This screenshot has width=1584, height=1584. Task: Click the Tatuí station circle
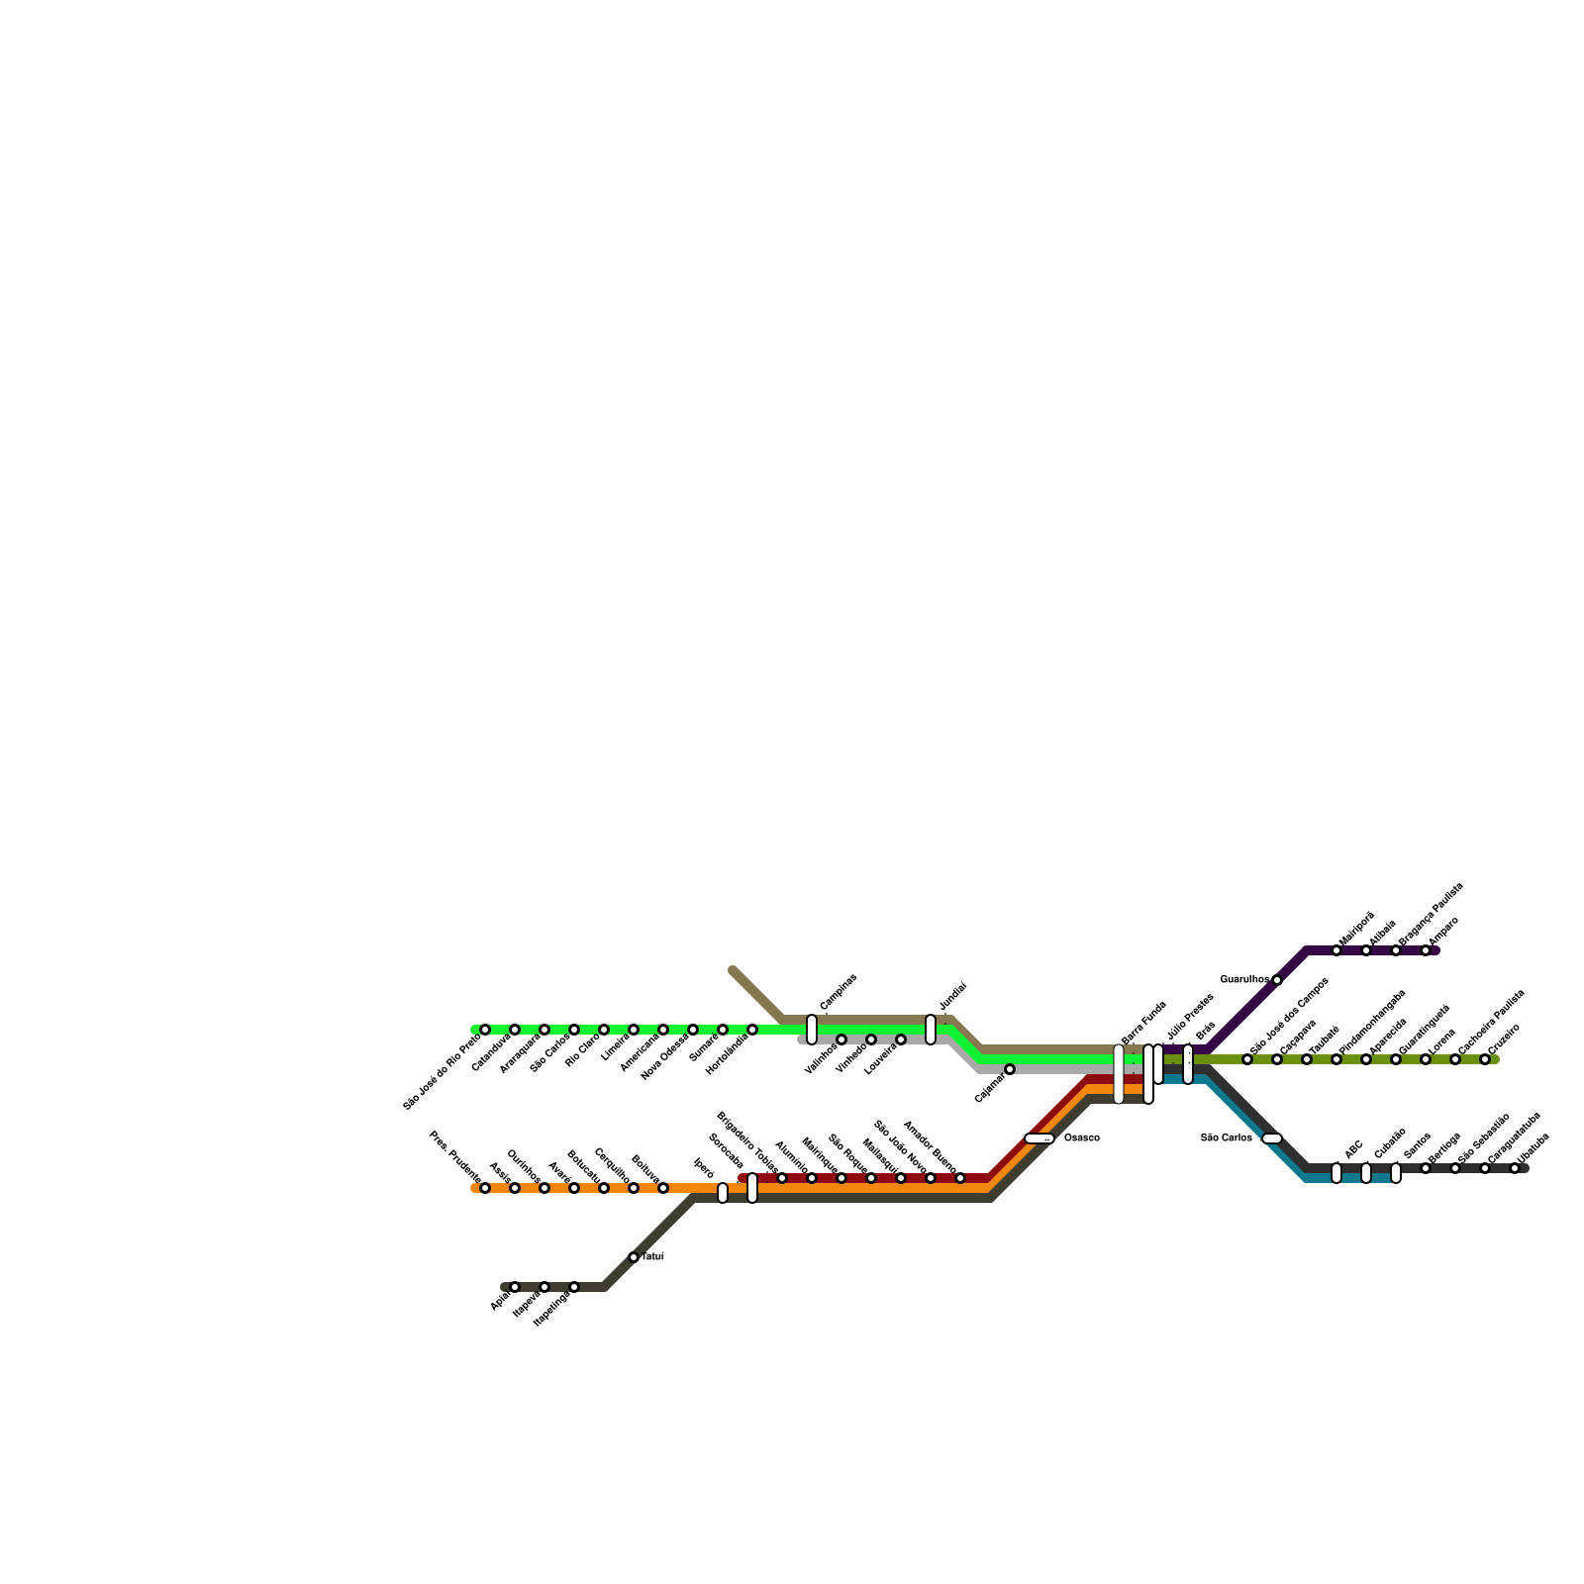click(x=634, y=1257)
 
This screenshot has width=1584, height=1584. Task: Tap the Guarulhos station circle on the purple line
click(x=1277, y=980)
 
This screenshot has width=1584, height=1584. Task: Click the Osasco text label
click(x=1081, y=1138)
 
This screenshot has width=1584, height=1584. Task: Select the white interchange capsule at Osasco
click(x=1039, y=1138)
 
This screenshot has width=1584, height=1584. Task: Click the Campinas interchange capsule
click(x=812, y=1030)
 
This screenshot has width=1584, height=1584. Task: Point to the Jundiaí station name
click(x=952, y=997)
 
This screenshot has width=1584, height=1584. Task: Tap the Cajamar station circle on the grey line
click(x=1010, y=1069)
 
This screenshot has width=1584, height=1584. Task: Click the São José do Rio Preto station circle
click(x=485, y=1030)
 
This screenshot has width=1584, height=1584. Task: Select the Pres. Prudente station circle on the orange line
click(x=485, y=1188)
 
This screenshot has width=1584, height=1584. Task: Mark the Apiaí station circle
click(x=515, y=1287)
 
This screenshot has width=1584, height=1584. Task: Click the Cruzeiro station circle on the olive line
click(x=1485, y=1059)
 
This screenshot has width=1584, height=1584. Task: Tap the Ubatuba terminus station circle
click(x=1515, y=1168)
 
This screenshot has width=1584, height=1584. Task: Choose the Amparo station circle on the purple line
click(x=1426, y=950)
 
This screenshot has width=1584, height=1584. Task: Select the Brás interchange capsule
click(x=1188, y=1064)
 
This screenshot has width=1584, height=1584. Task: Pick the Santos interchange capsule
click(x=1396, y=1173)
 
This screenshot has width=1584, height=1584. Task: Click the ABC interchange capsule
click(x=1336, y=1173)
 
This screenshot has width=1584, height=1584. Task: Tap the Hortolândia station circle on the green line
click(x=752, y=1030)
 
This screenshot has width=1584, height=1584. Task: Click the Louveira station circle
click(x=901, y=1039)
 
